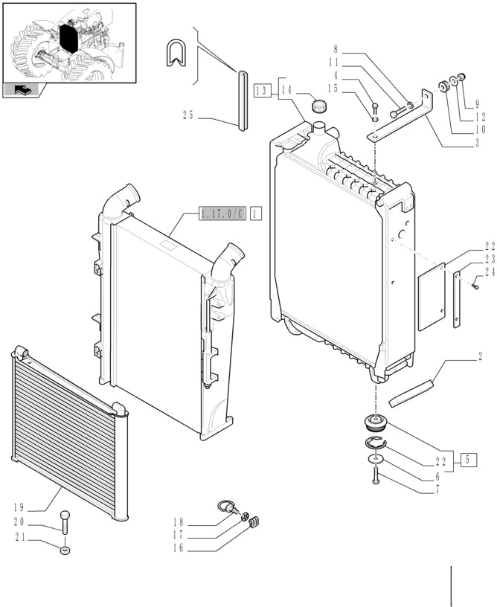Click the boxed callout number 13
pyautogui.click(x=262, y=91)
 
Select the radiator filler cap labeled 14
pyautogui.click(x=319, y=106)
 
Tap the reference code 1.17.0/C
pyautogui.click(x=222, y=213)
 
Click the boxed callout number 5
pyautogui.click(x=469, y=460)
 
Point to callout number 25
pyautogui.click(x=188, y=115)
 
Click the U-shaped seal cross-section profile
pyautogui.click(x=176, y=52)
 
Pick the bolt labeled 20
pyautogui.click(x=65, y=522)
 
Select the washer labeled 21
pyautogui.click(x=65, y=550)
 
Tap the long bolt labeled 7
pyautogui.click(x=376, y=475)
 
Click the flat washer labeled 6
pyautogui.click(x=376, y=459)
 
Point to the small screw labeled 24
pyautogui.click(x=475, y=286)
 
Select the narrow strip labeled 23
pyautogui.click(x=457, y=299)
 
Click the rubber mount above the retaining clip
pyautogui.click(x=376, y=423)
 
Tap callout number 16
pyautogui.click(x=179, y=548)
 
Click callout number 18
pyautogui.click(x=179, y=522)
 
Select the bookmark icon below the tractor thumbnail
pyautogui.click(x=21, y=90)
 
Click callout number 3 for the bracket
pyautogui.click(x=477, y=143)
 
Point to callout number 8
pyautogui.click(x=336, y=49)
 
